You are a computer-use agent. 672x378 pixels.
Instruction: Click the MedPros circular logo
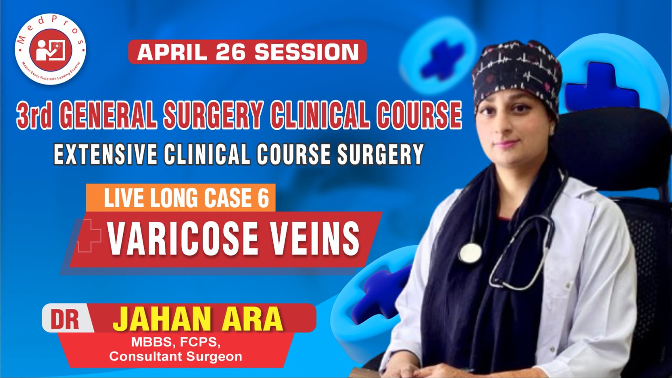tap(50, 49)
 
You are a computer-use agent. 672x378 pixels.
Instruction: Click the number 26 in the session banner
tap(231, 52)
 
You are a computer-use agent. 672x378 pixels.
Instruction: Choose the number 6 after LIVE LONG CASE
tap(263, 198)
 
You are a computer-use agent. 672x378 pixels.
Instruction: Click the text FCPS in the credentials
tap(199, 342)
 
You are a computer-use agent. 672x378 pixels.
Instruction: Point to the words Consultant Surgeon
tap(176, 357)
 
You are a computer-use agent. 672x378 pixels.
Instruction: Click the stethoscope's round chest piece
tap(470, 252)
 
